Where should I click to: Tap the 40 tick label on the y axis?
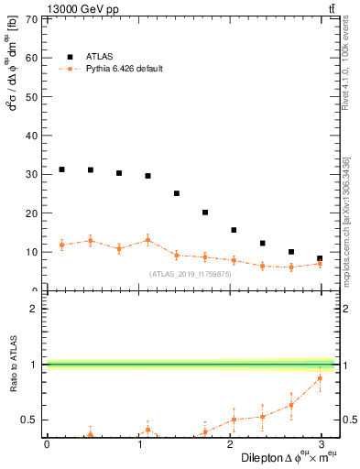coord(32,136)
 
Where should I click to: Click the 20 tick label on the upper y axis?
coord(32,213)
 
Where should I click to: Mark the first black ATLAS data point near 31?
coord(61,169)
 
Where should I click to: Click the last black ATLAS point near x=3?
coord(320,258)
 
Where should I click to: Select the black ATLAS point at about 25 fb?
coord(177,193)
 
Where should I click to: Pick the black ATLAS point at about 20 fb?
coord(205,213)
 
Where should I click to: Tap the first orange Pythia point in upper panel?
coord(61,245)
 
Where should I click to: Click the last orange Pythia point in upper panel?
coord(320,264)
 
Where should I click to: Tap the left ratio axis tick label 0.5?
coord(32,420)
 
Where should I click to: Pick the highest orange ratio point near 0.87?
coord(320,378)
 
